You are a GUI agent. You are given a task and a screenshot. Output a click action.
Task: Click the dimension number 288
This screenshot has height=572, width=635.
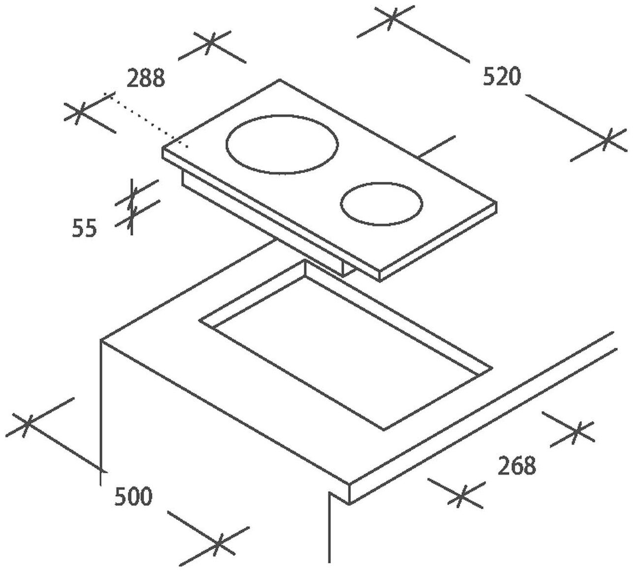pos(145,79)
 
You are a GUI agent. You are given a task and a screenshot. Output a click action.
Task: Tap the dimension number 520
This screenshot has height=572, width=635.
pos(501,77)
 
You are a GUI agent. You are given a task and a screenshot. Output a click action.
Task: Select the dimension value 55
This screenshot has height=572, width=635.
pos(85,229)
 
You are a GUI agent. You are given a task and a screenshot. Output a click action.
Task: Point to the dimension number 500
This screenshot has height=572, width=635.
pos(133,497)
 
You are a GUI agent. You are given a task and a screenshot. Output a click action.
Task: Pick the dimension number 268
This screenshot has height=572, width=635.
pos(516,466)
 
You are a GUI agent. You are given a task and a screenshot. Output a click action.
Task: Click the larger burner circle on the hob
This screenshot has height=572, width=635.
pos(282,144)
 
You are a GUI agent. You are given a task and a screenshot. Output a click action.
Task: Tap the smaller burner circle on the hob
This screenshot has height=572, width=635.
pos(382,204)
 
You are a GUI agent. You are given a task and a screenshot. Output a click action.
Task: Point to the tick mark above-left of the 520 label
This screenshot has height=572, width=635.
pos(391,18)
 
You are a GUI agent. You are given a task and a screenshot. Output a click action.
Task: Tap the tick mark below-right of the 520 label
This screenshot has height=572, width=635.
pos(608,140)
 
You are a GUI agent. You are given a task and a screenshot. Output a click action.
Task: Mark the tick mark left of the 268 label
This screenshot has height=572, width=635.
pos(460,496)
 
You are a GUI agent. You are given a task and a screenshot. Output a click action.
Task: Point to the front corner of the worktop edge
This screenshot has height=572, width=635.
pos(349,484)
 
